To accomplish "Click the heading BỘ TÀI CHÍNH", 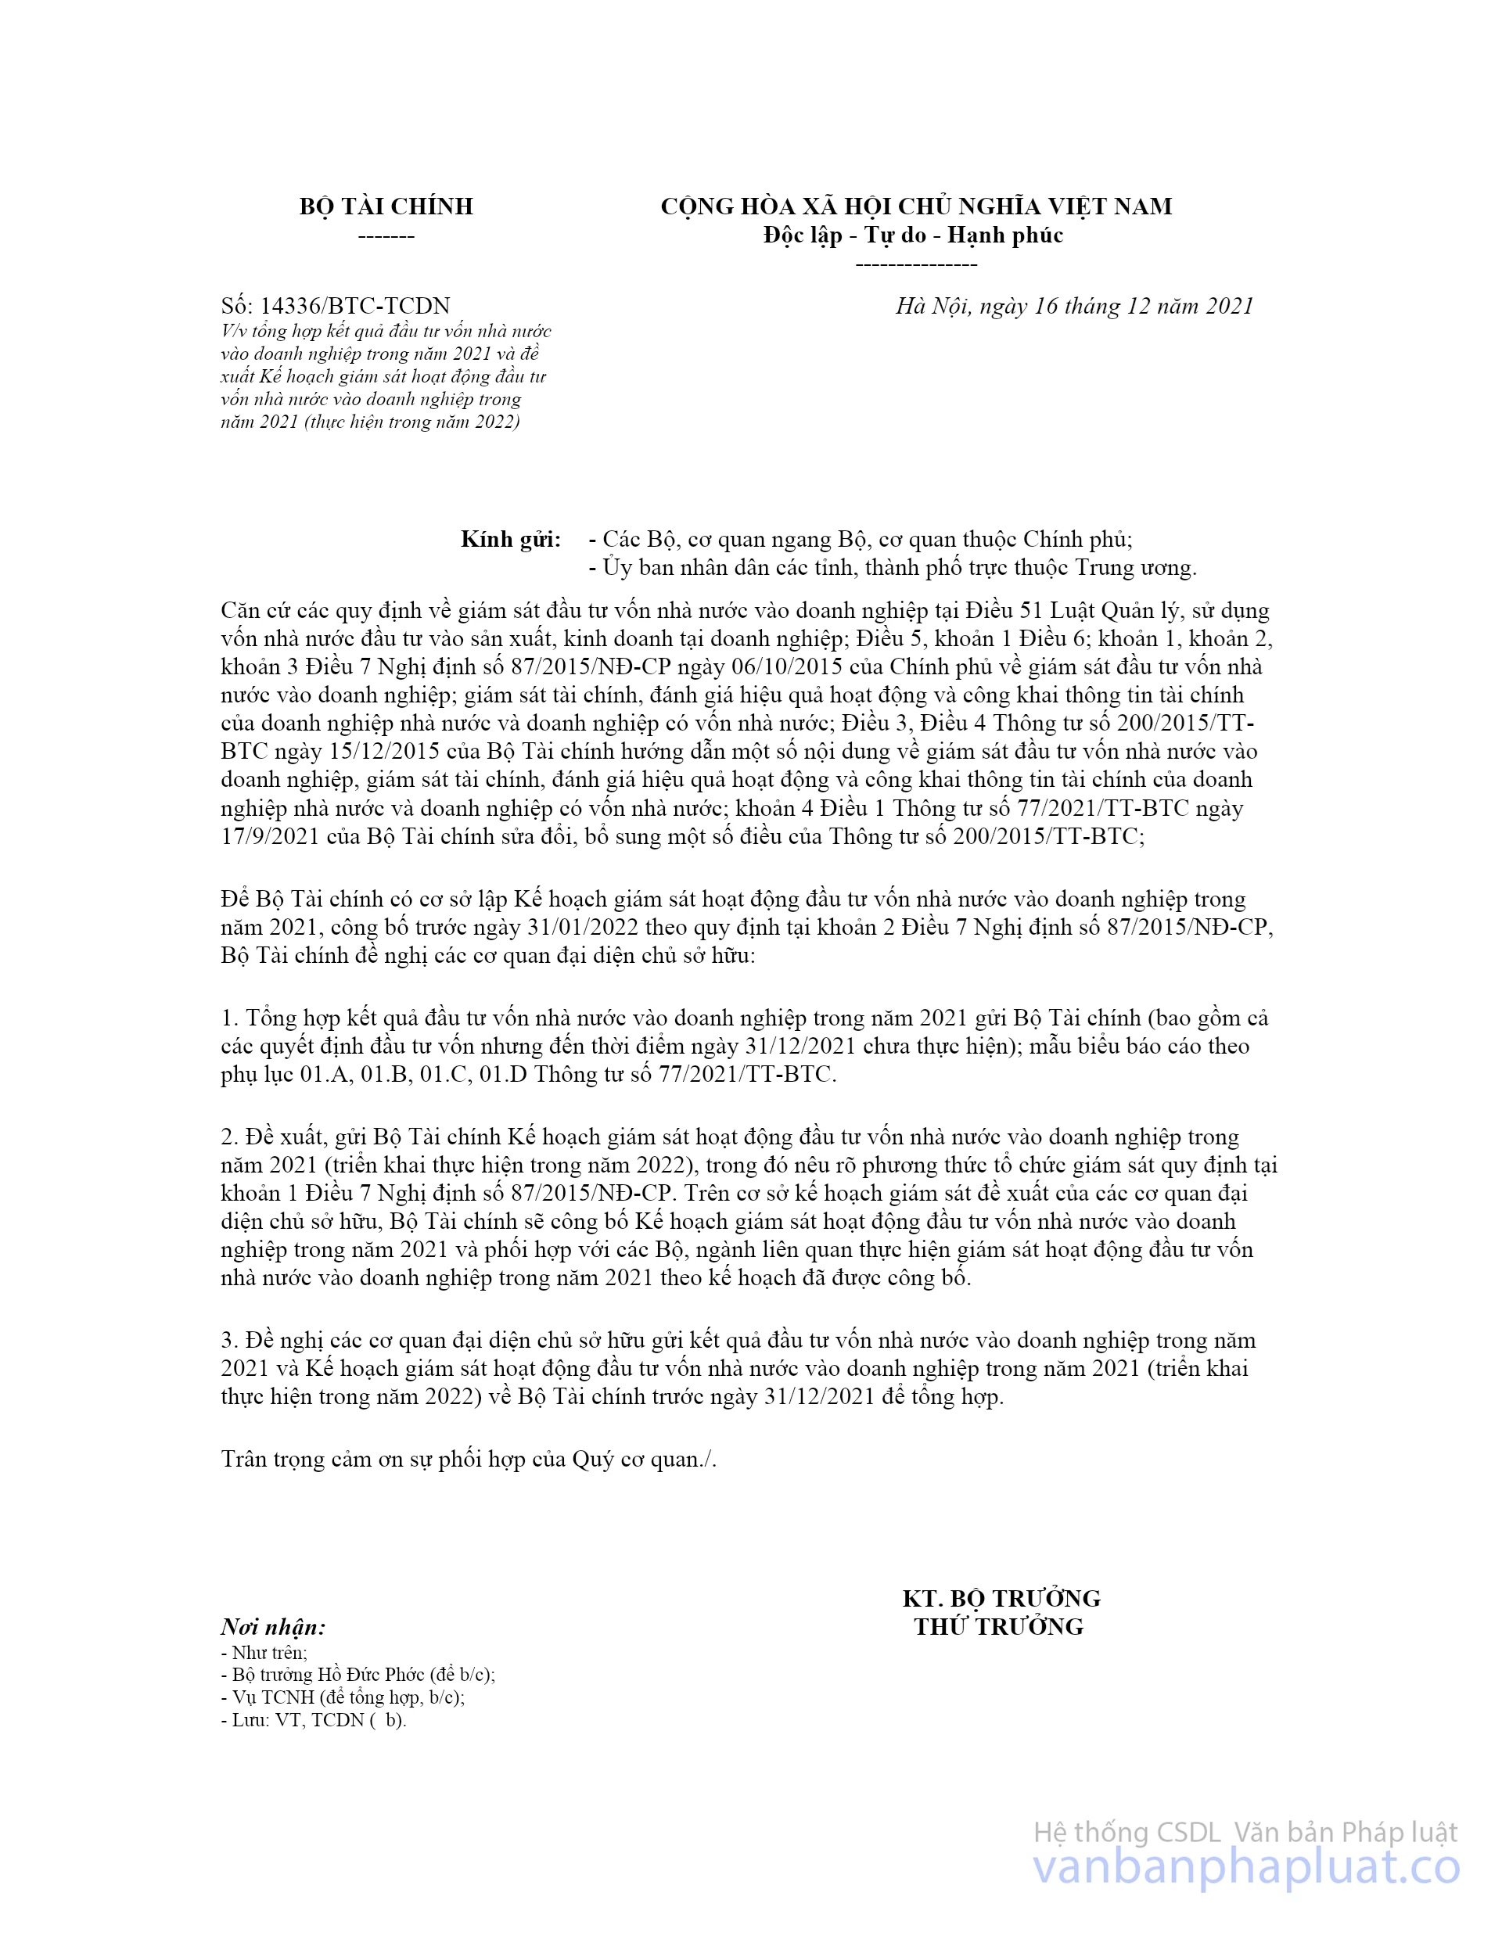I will (x=386, y=207).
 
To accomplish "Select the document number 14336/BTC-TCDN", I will (x=354, y=306).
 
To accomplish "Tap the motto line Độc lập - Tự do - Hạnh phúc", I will (x=913, y=235).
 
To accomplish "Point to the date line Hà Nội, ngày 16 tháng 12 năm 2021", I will (x=1074, y=306).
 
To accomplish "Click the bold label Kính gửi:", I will (x=511, y=539).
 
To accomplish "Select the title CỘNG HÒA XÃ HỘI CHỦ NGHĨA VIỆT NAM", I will (x=915, y=207).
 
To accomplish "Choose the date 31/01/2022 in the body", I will (x=583, y=928).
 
